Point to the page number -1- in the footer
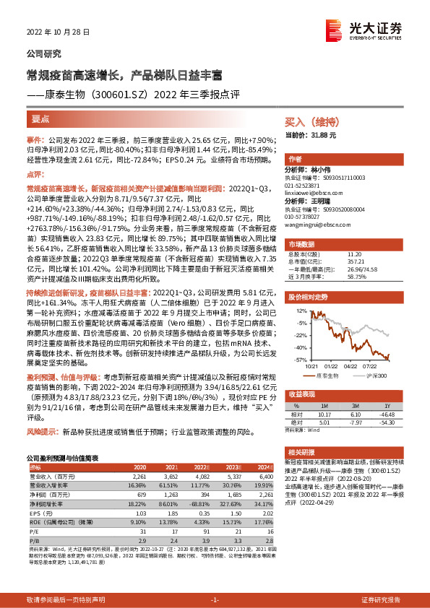click(x=214, y=599)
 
